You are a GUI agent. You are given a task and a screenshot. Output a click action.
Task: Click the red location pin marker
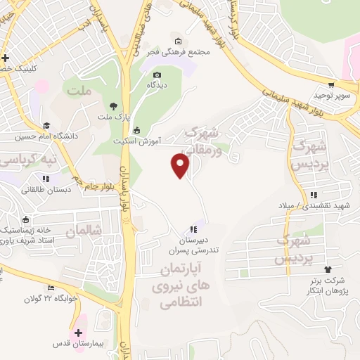tap(181, 166)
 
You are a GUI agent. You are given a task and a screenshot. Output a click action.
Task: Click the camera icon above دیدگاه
tap(157, 75)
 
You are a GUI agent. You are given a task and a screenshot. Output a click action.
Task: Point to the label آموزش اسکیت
tap(138, 141)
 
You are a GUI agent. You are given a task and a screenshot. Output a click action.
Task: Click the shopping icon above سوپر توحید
tap(330, 83)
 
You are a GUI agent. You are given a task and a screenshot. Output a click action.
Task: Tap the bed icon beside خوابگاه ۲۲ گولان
tap(50, 288)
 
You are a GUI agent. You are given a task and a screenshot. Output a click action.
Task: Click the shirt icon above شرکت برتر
tap(328, 269)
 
